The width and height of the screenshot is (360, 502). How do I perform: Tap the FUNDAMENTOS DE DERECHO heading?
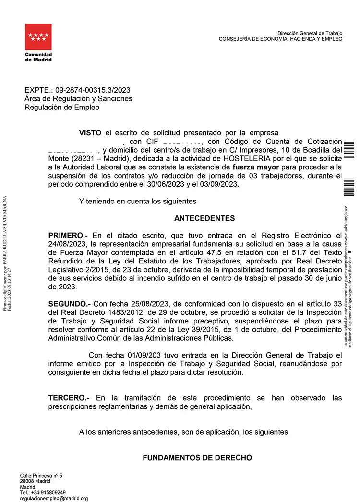pyautogui.click(x=197, y=458)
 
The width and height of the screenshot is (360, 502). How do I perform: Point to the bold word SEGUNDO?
pyautogui.click(x=69, y=304)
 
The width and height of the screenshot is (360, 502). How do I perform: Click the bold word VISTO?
pyautogui.click(x=91, y=132)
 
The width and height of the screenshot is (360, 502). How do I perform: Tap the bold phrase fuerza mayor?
pyautogui.click(x=259, y=167)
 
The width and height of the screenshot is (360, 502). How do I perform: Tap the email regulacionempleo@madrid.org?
pyautogui.click(x=54, y=499)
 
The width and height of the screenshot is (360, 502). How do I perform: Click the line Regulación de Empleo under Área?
pyautogui.click(x=62, y=108)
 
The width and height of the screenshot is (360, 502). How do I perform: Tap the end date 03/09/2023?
pyautogui.click(x=220, y=185)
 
